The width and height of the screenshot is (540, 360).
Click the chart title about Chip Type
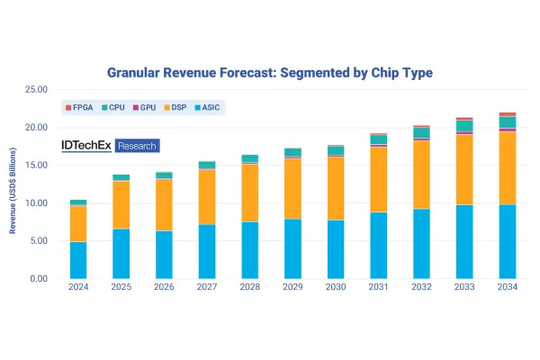(270, 73)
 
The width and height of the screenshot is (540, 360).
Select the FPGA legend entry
(79, 107)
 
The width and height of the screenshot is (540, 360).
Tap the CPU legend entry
(113, 107)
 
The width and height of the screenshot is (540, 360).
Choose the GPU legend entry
(144, 107)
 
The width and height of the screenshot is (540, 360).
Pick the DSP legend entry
(175, 107)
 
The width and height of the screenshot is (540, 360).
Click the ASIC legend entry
(207, 107)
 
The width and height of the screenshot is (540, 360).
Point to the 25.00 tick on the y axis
(36, 90)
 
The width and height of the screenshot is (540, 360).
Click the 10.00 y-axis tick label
(36, 202)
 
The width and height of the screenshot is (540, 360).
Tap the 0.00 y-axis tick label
(39, 279)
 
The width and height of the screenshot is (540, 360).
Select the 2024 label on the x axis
(78, 287)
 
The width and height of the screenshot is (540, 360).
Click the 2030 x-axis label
(336, 287)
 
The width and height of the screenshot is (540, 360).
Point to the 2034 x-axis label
(508, 287)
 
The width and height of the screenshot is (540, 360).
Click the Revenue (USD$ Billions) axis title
(13, 191)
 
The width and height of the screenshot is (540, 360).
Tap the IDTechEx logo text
(86, 146)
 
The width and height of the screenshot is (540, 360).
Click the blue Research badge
(137, 146)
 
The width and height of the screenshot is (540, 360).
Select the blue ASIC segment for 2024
(78, 260)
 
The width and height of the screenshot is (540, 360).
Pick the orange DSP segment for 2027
(207, 197)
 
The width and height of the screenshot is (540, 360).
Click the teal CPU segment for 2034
(508, 122)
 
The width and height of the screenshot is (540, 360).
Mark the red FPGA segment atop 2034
(508, 114)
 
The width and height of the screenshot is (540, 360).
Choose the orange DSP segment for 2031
(379, 179)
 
